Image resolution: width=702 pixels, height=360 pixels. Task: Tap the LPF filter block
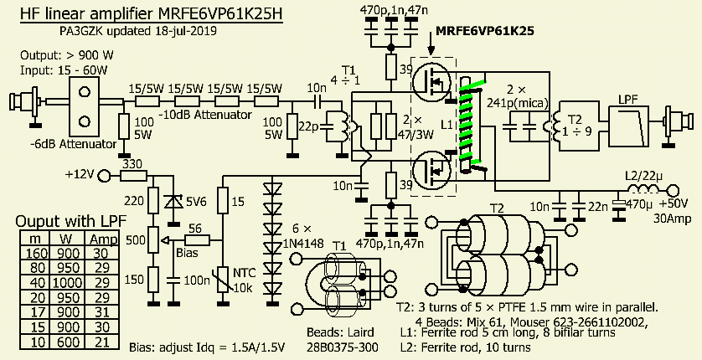pyautogui.click(x=627, y=126)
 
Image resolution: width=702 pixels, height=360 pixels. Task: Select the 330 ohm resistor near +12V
pyautogui.click(x=131, y=175)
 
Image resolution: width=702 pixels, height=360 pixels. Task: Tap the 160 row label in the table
pyautogui.click(x=35, y=255)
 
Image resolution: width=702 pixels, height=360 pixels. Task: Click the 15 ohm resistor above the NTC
pyautogui.click(x=222, y=202)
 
